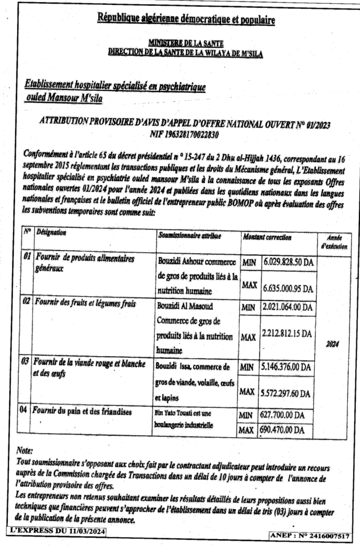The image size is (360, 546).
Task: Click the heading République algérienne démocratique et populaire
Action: click(186, 20)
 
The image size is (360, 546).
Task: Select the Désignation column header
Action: click(51, 234)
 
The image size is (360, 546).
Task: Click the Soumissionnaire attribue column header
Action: click(189, 235)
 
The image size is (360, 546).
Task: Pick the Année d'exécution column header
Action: click(334, 242)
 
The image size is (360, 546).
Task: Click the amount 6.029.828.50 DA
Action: click(288, 263)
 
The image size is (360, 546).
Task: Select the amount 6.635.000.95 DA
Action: click(288, 288)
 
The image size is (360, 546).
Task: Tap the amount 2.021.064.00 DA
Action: click(288, 308)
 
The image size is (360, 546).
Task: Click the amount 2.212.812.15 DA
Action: click(288, 334)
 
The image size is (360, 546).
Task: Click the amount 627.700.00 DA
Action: click(284, 415)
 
